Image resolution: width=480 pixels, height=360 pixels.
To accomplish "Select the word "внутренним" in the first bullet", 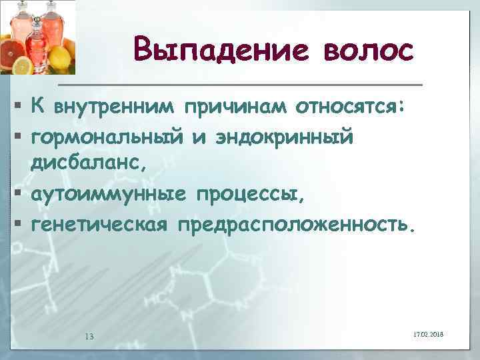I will (x=116, y=105).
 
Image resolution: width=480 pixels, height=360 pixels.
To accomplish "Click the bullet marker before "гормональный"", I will (x=15, y=137).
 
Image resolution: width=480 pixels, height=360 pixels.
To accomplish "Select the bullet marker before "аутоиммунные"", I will (x=15, y=195).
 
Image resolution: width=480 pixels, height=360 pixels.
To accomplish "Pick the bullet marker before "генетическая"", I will (x=15, y=225).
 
